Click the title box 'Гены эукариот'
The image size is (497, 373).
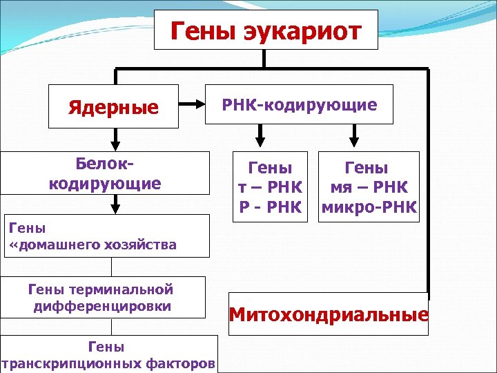click(x=266, y=30)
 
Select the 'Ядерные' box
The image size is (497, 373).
click(x=113, y=107)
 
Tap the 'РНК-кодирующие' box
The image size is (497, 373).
click(x=299, y=105)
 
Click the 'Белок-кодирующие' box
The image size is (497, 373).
click(x=105, y=174)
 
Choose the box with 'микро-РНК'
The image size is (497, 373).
click(x=368, y=186)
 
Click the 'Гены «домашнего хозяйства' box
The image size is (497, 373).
click(x=105, y=236)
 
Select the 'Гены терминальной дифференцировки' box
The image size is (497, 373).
click(x=103, y=298)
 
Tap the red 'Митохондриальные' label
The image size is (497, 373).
click(x=329, y=315)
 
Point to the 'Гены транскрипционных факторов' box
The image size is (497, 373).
click(x=108, y=354)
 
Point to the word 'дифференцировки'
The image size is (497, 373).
click(x=103, y=306)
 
